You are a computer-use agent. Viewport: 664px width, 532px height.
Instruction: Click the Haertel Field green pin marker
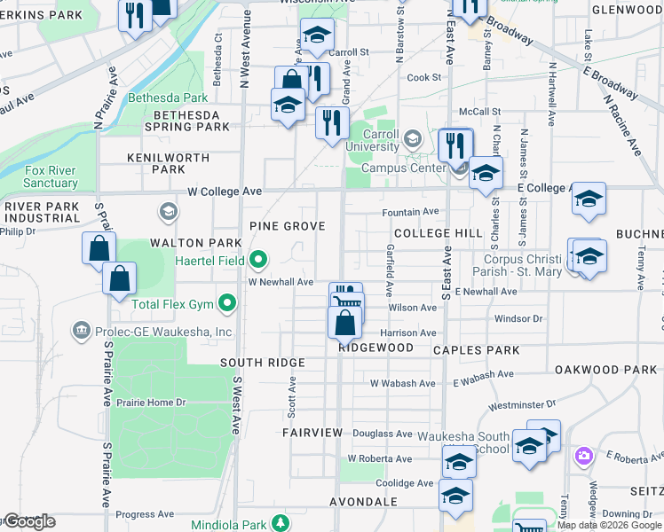pos(258,260)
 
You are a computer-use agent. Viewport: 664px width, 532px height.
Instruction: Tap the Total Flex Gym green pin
pos(228,304)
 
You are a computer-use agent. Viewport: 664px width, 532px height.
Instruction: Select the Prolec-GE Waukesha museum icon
pos(82,332)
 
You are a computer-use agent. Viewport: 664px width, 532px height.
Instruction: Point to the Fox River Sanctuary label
pos(51,176)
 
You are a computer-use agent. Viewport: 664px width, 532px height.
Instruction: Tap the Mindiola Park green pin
pos(281,523)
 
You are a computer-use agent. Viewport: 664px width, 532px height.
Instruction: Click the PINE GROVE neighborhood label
pos(287,226)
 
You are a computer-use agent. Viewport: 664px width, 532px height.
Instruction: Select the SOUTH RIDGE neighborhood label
pos(263,363)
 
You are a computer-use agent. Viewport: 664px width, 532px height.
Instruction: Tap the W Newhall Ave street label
pos(281,282)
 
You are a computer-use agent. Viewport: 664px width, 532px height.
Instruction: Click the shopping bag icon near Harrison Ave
pos(344,322)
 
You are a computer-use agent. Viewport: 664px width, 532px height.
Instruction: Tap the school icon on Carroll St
pos(317,36)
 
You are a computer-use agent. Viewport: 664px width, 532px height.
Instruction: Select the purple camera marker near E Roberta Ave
pos(583,456)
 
